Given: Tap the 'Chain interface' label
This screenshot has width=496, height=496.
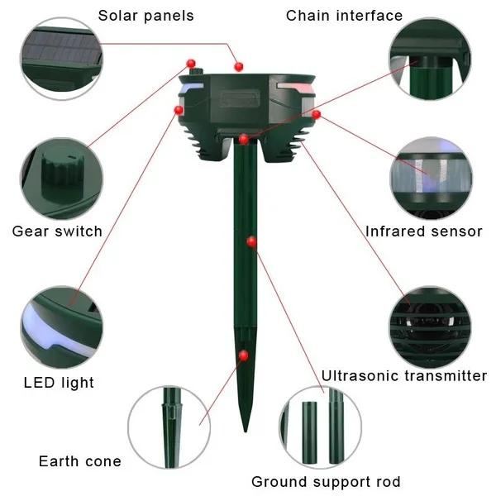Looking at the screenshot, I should (x=344, y=16).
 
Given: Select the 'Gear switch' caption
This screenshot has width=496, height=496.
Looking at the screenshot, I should (x=57, y=231).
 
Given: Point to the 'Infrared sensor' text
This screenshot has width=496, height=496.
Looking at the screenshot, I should (x=423, y=231).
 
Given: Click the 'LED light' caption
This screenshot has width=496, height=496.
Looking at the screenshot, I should (x=59, y=382).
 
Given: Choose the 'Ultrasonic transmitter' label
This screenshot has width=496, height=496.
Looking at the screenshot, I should (x=404, y=376).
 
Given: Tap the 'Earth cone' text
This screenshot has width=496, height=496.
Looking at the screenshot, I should (x=80, y=461).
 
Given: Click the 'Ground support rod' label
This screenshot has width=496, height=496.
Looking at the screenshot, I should (x=326, y=481).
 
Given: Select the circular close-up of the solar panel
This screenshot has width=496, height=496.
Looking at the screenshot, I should (x=61, y=58).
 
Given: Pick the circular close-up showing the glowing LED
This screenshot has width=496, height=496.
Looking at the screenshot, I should (x=61, y=327).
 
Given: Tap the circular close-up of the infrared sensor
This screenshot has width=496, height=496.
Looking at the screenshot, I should (x=430, y=177).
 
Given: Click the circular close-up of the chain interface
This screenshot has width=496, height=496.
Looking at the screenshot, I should (x=430, y=58).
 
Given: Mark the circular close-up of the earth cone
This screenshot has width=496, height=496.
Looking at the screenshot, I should (x=169, y=427).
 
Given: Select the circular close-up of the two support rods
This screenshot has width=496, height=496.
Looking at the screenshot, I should (x=320, y=427).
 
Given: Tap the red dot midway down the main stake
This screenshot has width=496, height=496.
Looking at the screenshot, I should (x=251, y=241).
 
